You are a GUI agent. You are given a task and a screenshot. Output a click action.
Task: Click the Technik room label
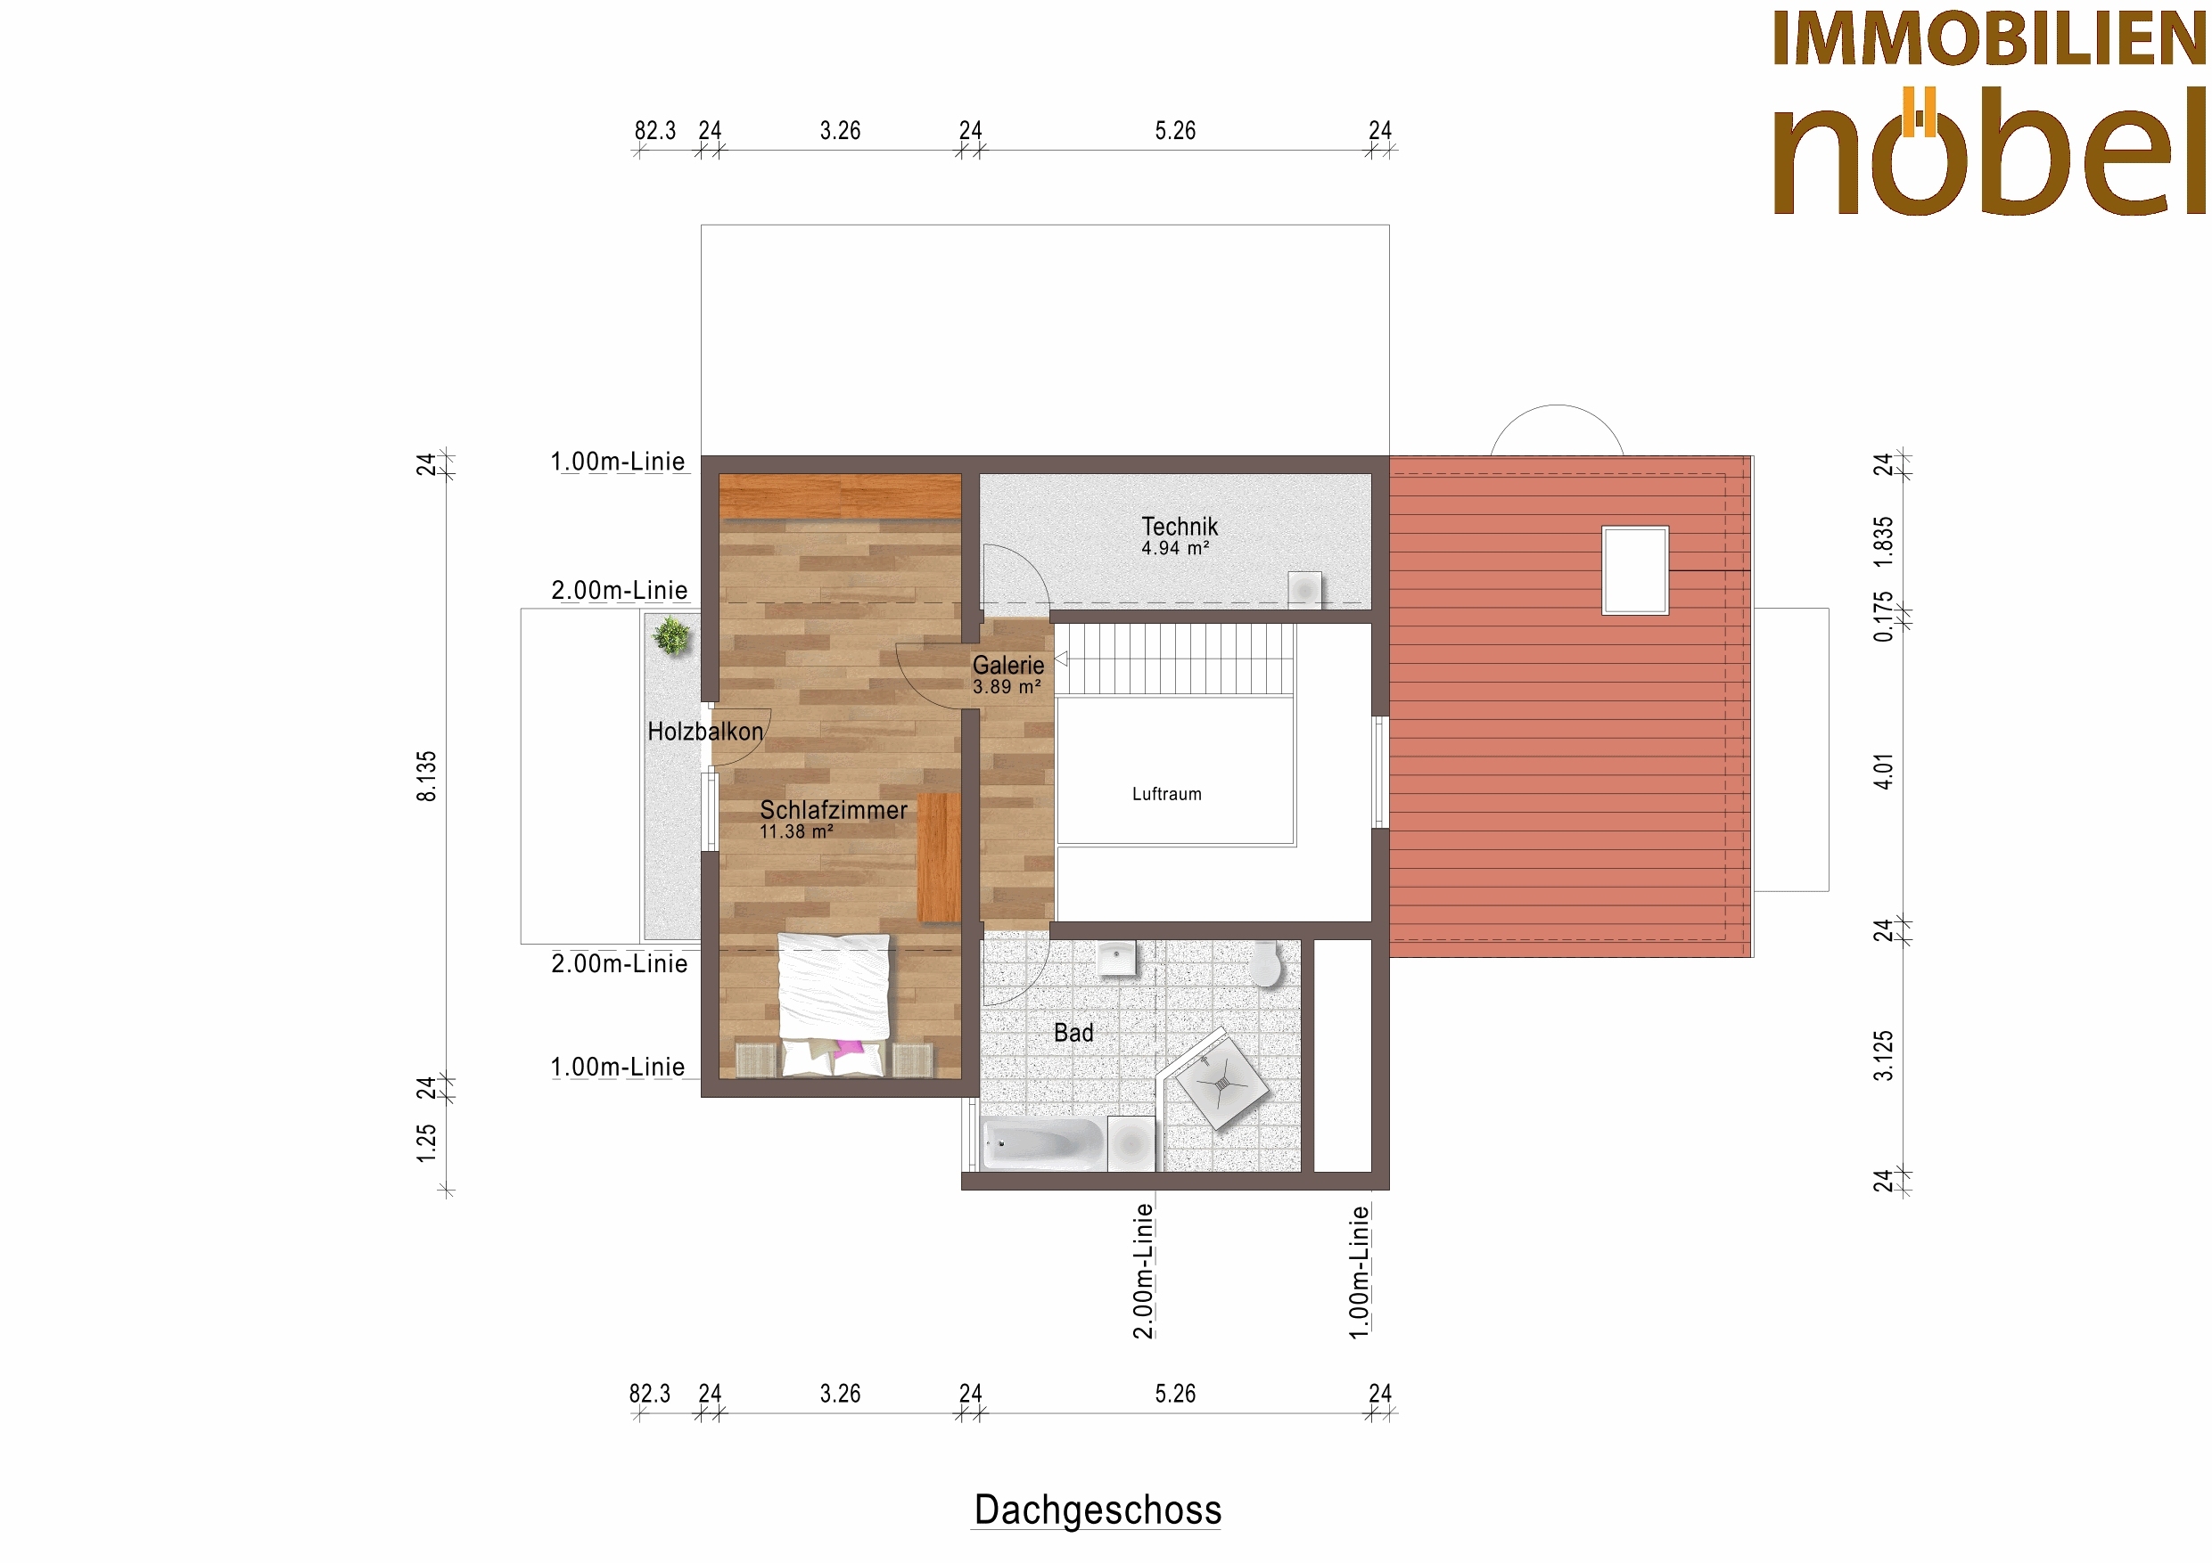pos(1180,527)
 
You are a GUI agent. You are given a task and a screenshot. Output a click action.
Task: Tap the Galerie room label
pos(1007,665)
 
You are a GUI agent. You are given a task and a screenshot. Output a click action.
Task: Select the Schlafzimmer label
pos(834,810)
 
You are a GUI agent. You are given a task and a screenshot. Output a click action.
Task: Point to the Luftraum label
pos(1167,794)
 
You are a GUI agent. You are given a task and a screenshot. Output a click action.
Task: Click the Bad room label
pos(1073,1033)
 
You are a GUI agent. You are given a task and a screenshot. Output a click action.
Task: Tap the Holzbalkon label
pos(705,731)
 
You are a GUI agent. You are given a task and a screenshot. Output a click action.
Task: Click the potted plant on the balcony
pos(671,635)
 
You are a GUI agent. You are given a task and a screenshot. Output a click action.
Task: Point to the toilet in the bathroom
pos(1266,964)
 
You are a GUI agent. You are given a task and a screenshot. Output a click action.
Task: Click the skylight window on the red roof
pos(1635,570)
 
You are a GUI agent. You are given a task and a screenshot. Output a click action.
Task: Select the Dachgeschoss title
pos(1098,1509)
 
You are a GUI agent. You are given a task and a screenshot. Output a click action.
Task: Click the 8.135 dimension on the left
pos(426,776)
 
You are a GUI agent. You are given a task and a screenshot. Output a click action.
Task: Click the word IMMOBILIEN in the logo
pos(1990,38)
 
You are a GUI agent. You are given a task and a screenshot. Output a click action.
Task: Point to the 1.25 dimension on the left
pos(426,1143)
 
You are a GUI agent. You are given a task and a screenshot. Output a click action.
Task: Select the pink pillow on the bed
pos(850,1047)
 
